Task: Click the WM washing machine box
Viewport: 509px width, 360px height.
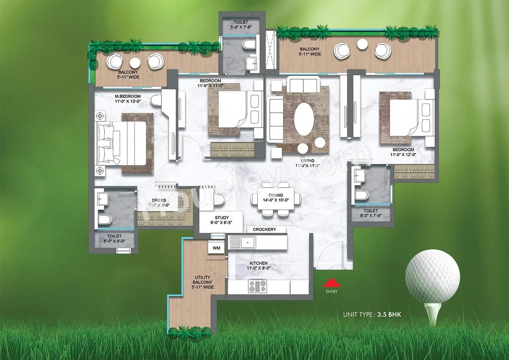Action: [x=216, y=248]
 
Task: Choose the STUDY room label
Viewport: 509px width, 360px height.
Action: [x=222, y=217]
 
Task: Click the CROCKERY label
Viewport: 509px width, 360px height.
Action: [x=264, y=229]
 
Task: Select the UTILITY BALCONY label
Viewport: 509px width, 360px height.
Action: [x=202, y=282]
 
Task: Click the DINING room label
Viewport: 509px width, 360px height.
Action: [x=276, y=195]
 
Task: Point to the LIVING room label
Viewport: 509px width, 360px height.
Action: [x=307, y=160]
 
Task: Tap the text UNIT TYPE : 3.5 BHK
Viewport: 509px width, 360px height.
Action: [x=372, y=315]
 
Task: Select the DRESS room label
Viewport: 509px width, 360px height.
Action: [x=159, y=200]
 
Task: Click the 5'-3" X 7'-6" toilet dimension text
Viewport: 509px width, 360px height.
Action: [x=371, y=215]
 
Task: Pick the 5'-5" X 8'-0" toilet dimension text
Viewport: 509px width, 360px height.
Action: [x=114, y=241]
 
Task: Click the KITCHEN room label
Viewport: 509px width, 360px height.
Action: [x=259, y=263]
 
